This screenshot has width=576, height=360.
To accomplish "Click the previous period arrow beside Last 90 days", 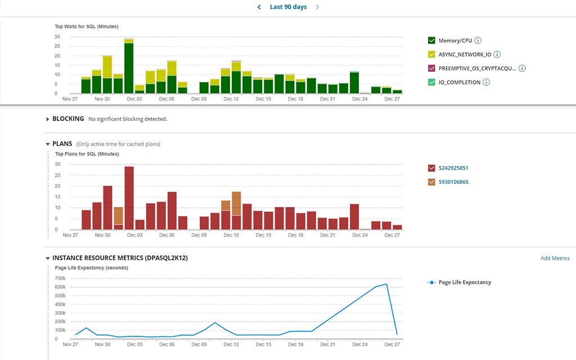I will click(x=259, y=7).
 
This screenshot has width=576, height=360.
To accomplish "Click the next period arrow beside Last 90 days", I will click(x=318, y=7).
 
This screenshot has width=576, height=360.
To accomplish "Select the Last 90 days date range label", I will click(x=288, y=7).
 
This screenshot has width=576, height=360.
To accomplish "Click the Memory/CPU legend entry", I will click(x=454, y=40).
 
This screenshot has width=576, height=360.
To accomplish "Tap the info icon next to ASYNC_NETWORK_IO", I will click(x=497, y=55).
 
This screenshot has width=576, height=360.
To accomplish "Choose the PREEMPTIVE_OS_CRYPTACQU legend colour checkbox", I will click(x=431, y=69).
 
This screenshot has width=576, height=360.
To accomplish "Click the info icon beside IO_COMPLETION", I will click(x=486, y=82).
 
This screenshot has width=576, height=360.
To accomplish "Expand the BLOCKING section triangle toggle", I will click(x=47, y=119).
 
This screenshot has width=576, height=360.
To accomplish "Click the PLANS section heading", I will click(x=62, y=144).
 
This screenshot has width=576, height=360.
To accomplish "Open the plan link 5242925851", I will click(x=453, y=168).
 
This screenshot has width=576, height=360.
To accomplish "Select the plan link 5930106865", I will click(x=453, y=182).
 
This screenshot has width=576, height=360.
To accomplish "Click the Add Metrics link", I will click(x=555, y=258).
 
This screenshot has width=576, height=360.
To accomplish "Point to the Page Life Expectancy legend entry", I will click(x=464, y=282).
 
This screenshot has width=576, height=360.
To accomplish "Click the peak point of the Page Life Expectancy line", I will click(x=386, y=284).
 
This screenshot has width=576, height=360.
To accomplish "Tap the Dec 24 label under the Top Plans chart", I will click(x=359, y=235).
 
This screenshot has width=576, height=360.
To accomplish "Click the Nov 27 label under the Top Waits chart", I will click(x=70, y=99).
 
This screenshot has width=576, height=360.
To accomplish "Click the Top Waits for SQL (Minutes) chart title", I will click(x=86, y=26).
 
